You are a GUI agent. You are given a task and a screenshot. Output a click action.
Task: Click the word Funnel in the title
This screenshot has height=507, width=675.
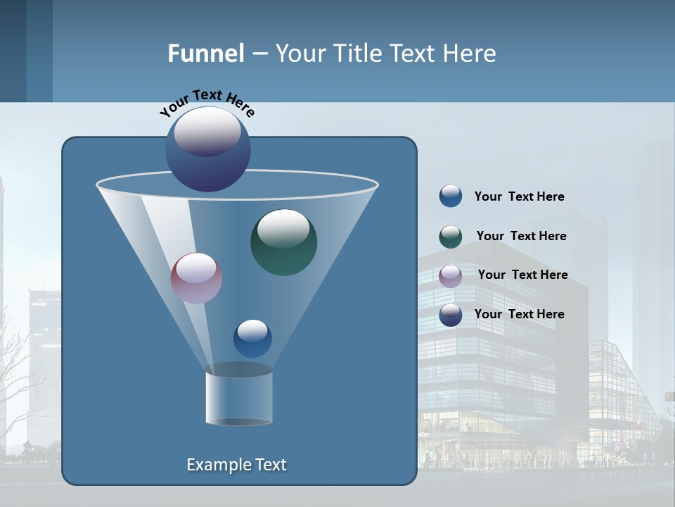click(205, 54)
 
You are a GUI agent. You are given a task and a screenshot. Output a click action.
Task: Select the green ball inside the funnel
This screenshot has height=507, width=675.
click(283, 242)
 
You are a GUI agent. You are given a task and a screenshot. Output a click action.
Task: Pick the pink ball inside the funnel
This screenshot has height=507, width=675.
click(196, 278)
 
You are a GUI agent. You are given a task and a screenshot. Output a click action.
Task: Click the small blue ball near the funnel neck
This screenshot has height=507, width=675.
click(252, 339)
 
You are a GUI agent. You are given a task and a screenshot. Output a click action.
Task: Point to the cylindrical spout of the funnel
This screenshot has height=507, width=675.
click(238, 398)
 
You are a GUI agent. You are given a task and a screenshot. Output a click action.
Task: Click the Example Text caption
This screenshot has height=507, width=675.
click(236, 465)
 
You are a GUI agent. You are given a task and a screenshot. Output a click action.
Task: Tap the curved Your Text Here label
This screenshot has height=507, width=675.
click(207, 103)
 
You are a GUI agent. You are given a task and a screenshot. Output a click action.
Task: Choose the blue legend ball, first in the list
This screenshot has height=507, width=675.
click(451, 196)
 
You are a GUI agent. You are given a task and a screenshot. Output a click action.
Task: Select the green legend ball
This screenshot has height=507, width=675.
click(451, 237)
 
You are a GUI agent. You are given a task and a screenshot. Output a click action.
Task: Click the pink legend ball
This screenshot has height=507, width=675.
click(451, 275)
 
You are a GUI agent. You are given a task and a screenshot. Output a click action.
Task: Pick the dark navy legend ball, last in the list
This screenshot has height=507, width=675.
click(451, 315)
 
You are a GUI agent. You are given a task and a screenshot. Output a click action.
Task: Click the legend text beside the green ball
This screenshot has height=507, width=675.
click(521, 236)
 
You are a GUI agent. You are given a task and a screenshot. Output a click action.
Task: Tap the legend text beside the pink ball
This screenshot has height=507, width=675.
click(522, 275)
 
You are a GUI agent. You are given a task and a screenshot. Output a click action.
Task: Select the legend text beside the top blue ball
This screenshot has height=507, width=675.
click(519, 196)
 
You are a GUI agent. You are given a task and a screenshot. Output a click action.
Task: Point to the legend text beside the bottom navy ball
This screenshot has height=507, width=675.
click(519, 314)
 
